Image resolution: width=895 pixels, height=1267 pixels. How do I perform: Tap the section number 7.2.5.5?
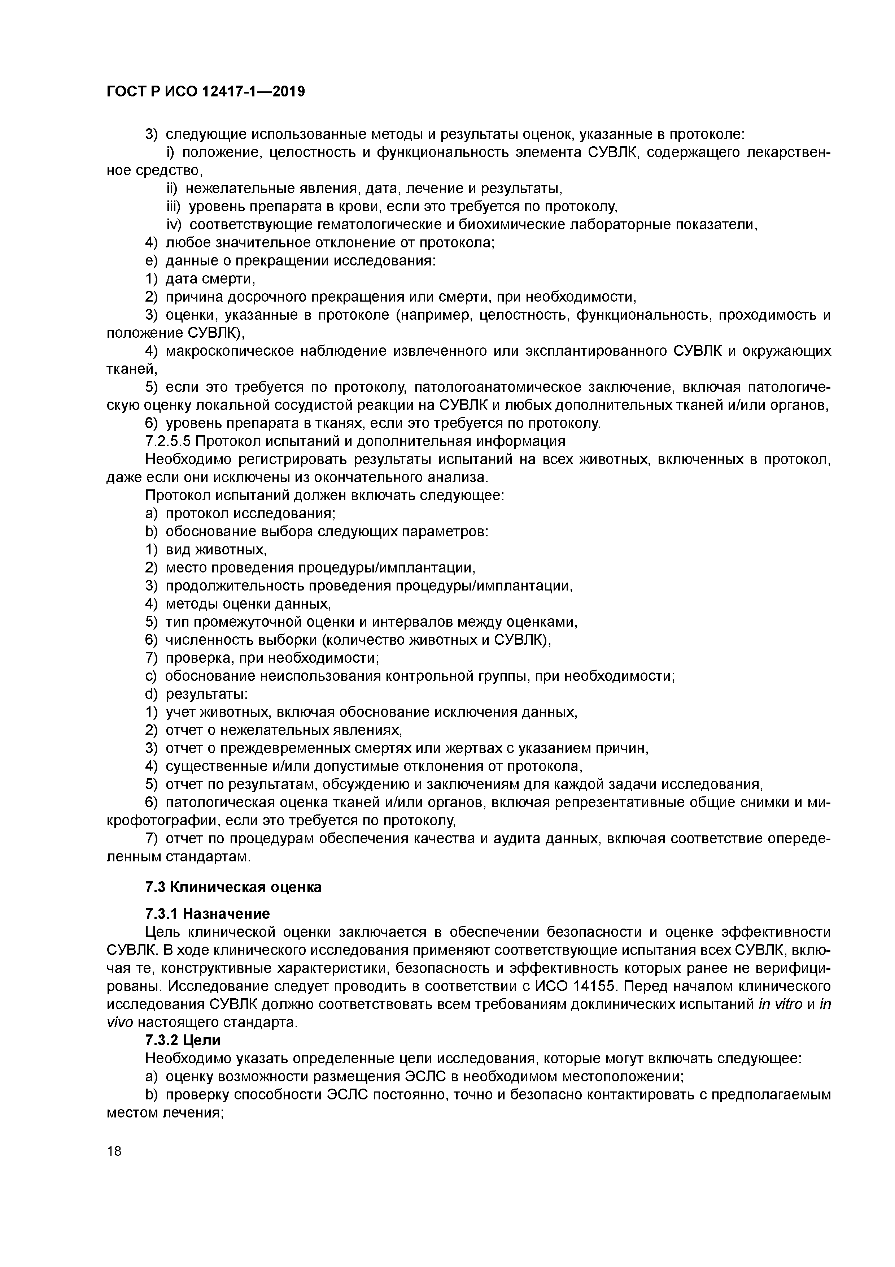tap(168, 441)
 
